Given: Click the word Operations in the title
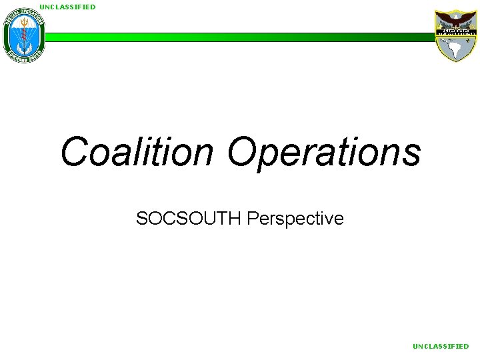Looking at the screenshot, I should point(324,152).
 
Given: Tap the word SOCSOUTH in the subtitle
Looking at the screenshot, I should point(189,218).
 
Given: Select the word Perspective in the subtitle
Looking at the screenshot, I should point(295,218).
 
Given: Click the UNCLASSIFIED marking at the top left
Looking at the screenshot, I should point(67,7).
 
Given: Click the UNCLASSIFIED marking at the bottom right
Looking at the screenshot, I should point(441,346).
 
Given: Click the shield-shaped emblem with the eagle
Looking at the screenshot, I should point(456,36).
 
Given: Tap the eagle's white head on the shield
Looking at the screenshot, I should point(456,16).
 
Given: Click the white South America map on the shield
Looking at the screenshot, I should point(458,47).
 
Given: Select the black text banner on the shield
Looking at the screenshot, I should point(456,31).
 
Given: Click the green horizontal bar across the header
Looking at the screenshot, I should point(240,37).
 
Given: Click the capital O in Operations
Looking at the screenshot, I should point(242,152).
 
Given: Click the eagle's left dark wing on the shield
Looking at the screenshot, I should point(444,19).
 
